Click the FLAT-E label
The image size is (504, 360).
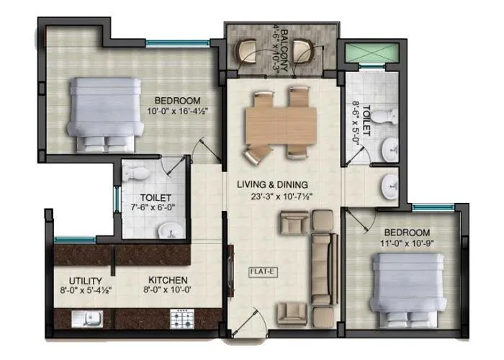tap(258, 272)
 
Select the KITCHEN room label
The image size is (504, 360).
tap(168, 280)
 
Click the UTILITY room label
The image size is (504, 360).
tap(86, 280)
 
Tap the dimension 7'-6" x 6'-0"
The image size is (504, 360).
tap(156, 207)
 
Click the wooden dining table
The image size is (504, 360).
tap(278, 125)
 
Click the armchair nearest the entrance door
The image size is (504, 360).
tap(292, 312)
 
